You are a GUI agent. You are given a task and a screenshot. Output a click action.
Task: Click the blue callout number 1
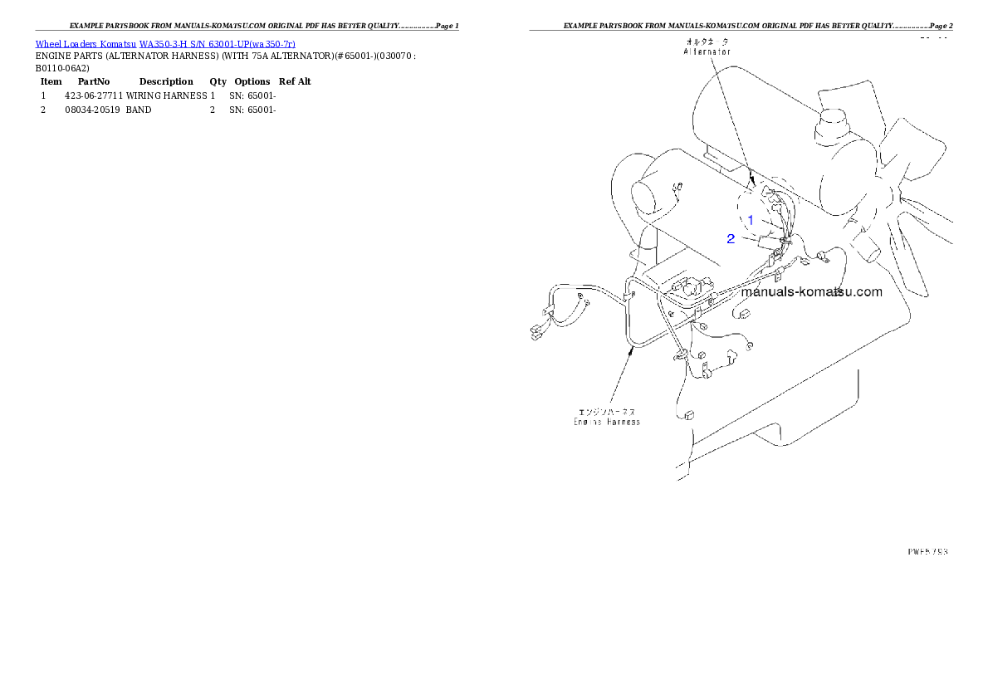[751, 220]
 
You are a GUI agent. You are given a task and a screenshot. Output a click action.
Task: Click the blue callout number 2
[731, 239]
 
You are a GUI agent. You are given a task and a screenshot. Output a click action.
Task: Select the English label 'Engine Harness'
[607, 422]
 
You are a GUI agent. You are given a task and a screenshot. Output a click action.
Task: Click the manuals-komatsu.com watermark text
[811, 292]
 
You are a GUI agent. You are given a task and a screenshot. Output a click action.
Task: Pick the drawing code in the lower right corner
[927, 550]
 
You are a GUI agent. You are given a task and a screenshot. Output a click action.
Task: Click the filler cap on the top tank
[834, 125]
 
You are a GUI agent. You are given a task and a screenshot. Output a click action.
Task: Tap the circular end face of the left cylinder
[649, 197]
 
